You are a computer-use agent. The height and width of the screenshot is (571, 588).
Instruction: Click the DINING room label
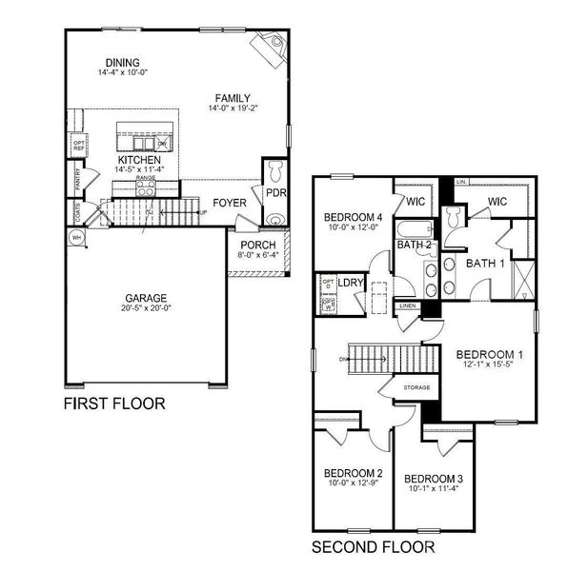point(115,63)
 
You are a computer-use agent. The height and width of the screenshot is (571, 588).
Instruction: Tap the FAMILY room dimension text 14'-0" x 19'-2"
point(233,108)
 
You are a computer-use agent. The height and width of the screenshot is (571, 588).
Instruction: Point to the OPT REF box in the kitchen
point(78,146)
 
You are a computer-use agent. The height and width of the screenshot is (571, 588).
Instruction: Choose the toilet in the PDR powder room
point(274,171)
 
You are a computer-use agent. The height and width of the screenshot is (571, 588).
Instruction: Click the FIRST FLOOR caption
point(113,404)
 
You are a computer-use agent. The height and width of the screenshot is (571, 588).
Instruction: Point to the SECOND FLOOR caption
point(374,547)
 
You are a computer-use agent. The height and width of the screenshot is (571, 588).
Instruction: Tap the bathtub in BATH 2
point(415,229)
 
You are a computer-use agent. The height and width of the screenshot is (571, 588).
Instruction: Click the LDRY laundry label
point(351,283)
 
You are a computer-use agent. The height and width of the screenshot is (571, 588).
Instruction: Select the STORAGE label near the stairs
point(417,387)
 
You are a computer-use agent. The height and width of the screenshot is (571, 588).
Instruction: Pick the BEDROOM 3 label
point(434,478)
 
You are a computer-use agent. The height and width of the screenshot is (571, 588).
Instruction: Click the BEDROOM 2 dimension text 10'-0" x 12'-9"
point(353,483)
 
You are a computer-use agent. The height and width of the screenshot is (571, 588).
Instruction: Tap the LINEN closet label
point(408,305)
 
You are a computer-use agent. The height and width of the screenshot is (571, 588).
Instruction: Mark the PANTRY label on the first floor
point(76,178)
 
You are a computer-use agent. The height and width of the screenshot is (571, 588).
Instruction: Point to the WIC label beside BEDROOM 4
point(415,202)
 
